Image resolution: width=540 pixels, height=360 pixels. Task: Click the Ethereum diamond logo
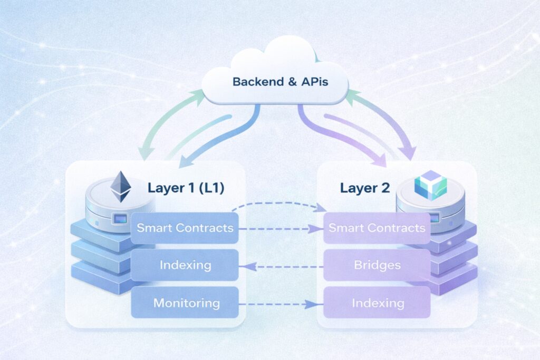(x=121, y=186)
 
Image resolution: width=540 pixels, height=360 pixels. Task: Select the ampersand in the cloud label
(x=283, y=82)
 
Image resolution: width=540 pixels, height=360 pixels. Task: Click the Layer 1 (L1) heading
(x=186, y=188)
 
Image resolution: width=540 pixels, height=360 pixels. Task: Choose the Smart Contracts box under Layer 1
(x=185, y=228)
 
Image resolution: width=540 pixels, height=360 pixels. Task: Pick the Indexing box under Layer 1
(x=185, y=265)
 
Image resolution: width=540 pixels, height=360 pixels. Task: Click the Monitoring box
(x=185, y=303)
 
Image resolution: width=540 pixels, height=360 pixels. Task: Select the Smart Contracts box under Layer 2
(x=377, y=228)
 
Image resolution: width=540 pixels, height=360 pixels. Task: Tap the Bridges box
(x=377, y=265)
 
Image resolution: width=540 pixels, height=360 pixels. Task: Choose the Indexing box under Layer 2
(x=377, y=303)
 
